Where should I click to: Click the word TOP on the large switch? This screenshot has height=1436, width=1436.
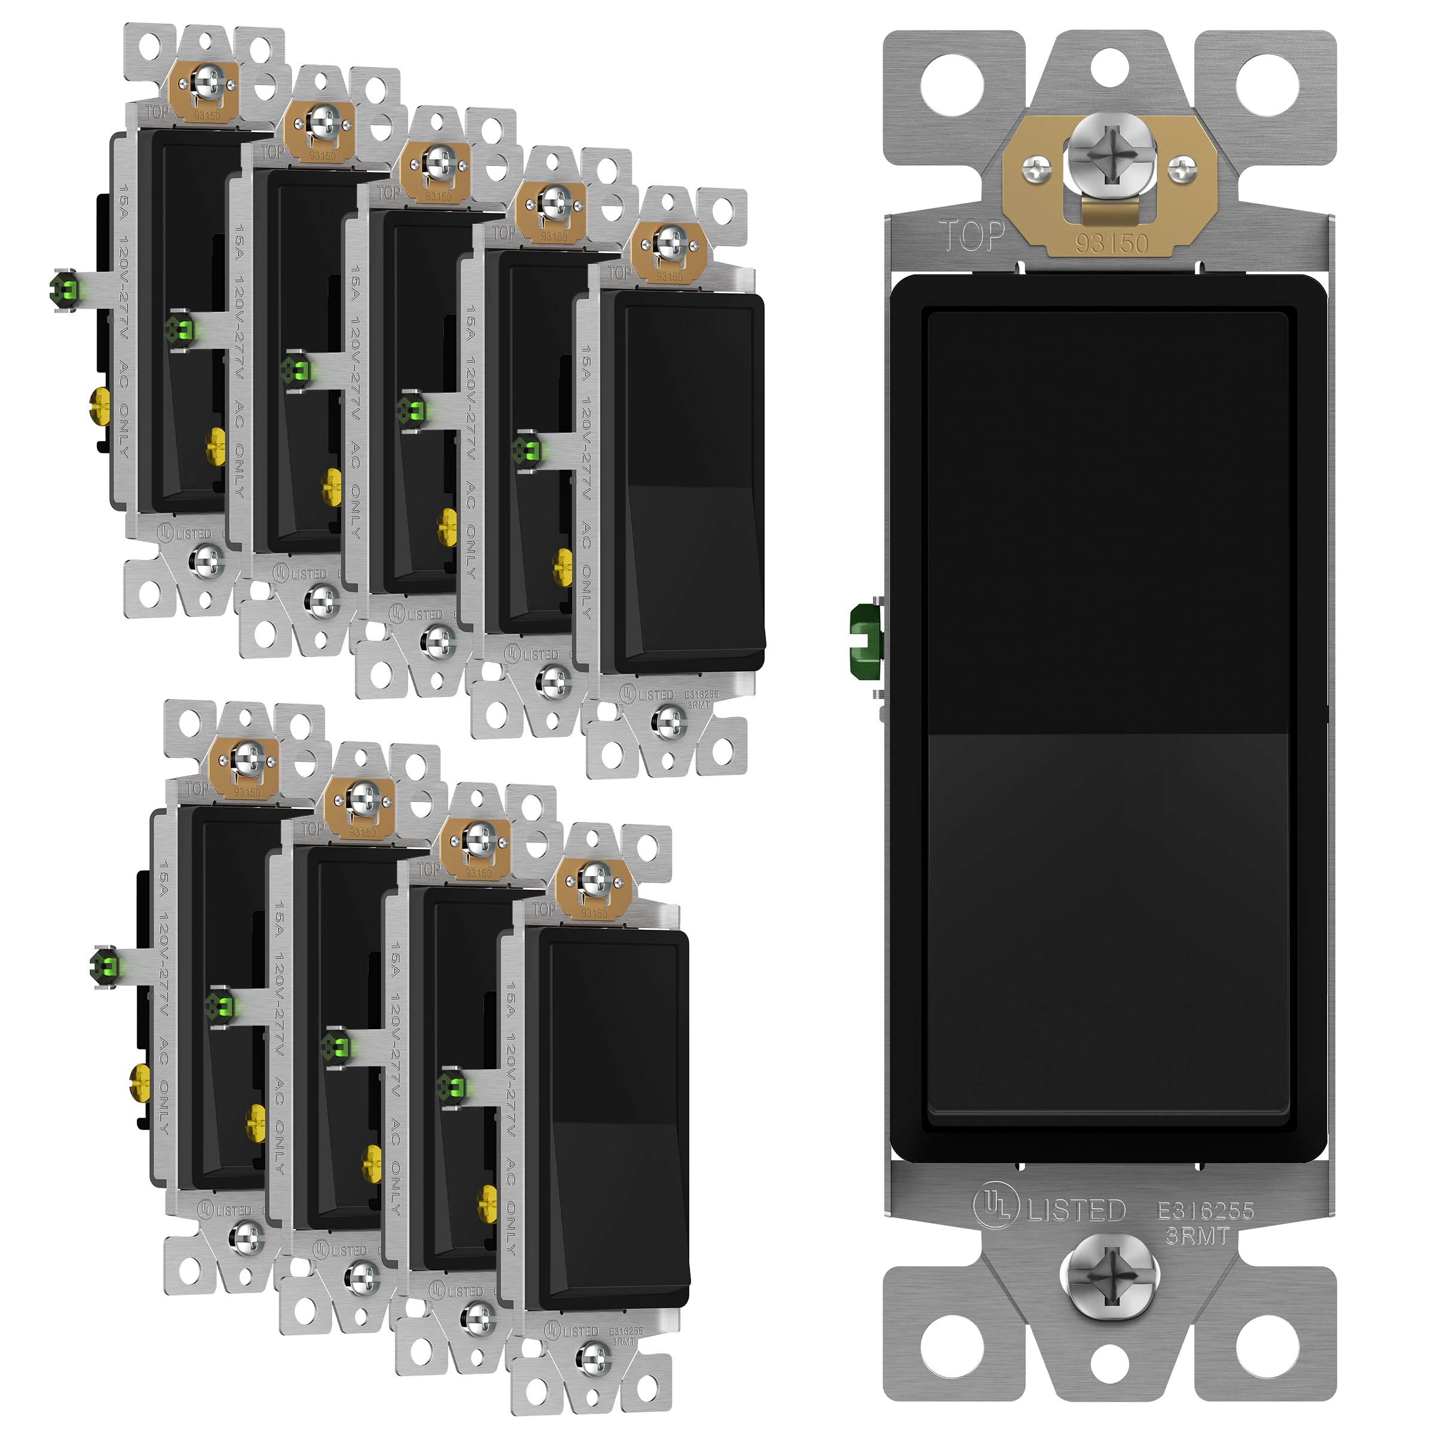point(972,236)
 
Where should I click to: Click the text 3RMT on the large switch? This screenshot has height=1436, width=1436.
point(1197,1236)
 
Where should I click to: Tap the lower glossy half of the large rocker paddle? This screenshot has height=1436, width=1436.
point(1108,929)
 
